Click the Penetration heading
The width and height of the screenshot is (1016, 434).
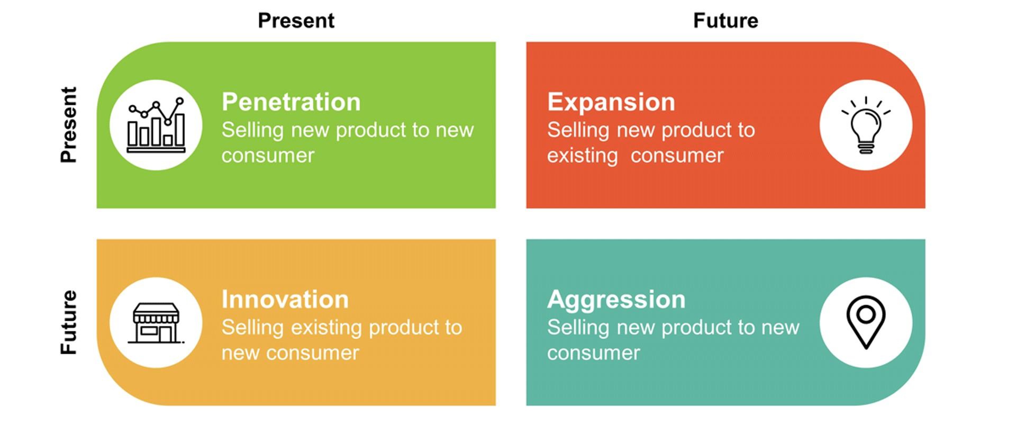291,102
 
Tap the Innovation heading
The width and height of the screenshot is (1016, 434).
285,299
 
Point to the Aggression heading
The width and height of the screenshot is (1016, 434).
616,300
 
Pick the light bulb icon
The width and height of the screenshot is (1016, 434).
866,125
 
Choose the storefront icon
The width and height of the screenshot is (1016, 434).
156,323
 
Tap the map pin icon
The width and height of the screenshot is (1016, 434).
866,322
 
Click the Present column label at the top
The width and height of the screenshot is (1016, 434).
296,21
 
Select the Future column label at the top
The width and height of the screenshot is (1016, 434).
726,21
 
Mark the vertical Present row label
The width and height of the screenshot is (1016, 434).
69,125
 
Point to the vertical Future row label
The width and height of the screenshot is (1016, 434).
69,322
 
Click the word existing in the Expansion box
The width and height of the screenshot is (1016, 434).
583,156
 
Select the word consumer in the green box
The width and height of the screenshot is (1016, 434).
268,156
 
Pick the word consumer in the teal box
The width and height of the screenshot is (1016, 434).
593,353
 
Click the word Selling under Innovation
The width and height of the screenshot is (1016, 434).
253,328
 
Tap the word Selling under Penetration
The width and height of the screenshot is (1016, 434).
253,130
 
